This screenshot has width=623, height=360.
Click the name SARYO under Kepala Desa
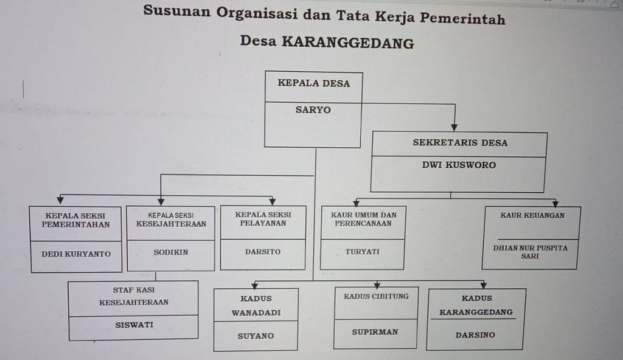coord(313,109)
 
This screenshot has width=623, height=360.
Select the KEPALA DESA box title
coord(314,83)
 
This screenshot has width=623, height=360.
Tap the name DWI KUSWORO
coord(459,165)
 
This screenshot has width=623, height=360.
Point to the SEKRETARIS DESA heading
coord(460,143)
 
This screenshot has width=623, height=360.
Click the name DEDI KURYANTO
coord(76,254)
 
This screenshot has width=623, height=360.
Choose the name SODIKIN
coord(171,252)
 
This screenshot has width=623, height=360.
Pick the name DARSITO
coord(263,252)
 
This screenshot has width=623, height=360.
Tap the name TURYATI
coord(363,252)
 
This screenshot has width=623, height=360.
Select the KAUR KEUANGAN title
coord(532,215)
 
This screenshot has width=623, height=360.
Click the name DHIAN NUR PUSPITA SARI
coord(531,252)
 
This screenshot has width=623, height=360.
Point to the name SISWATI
coord(134,325)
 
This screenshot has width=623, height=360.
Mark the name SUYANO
coord(256,336)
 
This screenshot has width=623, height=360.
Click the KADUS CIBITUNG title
coord(376,296)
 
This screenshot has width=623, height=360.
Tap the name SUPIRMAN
coord(375,332)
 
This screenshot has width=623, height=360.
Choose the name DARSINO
coord(475,335)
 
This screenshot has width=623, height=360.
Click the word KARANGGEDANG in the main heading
coord(348,42)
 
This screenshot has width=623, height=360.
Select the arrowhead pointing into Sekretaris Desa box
coord(454,128)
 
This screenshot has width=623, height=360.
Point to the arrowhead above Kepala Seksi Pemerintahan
coord(60,199)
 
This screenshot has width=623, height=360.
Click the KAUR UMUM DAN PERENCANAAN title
coord(364,219)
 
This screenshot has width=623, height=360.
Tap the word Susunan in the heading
coord(177,10)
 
